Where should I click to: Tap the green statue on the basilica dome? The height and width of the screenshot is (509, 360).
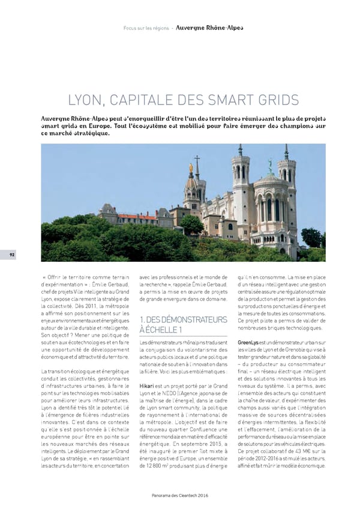270,163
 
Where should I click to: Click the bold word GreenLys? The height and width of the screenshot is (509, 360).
248,342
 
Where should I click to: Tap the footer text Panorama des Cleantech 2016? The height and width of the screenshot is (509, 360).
180,495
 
